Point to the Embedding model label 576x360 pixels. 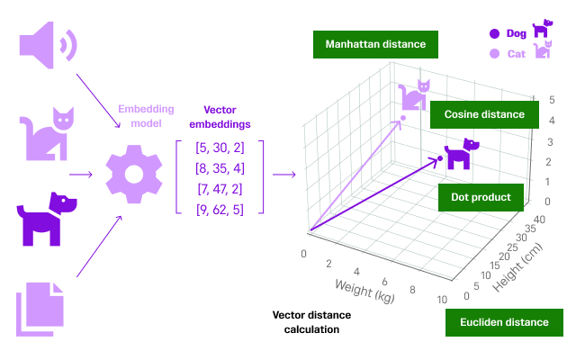pyautogui.click(x=146, y=115)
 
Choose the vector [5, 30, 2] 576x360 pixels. pyautogui.click(x=220, y=148)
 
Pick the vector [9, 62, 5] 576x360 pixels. pyautogui.click(x=220, y=209)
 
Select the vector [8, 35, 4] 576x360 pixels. pyautogui.click(x=220, y=168)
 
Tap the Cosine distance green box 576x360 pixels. pyautogui.click(x=483, y=115)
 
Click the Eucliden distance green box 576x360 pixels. pyautogui.click(x=503, y=322)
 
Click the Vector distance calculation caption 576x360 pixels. pyautogui.click(x=311, y=322)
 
